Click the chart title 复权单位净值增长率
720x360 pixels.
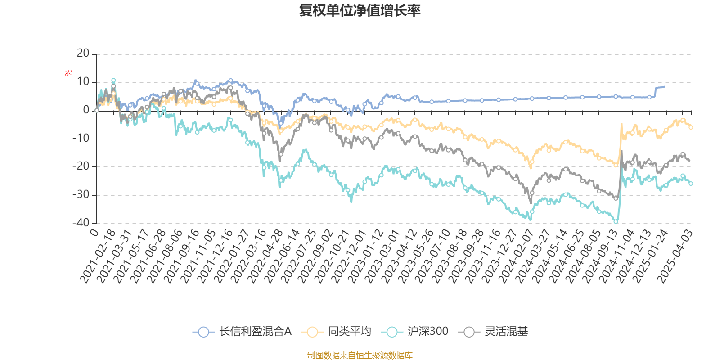click(360, 10)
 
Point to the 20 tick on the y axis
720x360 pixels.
click(83, 54)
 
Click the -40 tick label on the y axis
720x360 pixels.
click(81, 223)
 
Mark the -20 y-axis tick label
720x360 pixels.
click(81, 166)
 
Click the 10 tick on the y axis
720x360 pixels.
click(83, 82)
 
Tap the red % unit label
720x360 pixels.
click(68, 72)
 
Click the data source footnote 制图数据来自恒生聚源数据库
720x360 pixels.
click(360, 355)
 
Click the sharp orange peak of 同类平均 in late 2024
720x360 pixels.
click(621, 124)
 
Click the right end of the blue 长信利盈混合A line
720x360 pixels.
click(664, 86)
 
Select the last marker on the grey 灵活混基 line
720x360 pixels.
click(683, 154)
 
